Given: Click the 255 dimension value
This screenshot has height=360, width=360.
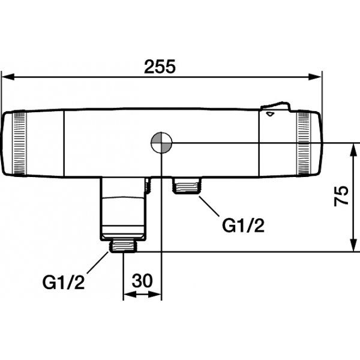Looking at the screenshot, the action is pyautogui.click(x=160, y=67).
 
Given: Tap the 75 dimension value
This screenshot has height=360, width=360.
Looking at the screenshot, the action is pyautogui.click(x=341, y=196).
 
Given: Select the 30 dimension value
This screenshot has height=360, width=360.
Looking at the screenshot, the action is pyautogui.click(x=142, y=280).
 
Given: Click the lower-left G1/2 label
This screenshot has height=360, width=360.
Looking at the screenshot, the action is pyautogui.click(x=64, y=282).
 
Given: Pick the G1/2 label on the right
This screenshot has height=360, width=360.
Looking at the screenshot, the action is pyautogui.click(x=244, y=226).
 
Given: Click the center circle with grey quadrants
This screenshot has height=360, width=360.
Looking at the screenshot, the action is pyautogui.click(x=161, y=143).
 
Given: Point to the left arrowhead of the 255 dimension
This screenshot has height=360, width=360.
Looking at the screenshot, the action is pyautogui.click(x=8, y=77).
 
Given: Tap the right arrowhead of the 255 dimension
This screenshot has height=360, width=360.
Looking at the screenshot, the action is pyautogui.click(x=315, y=77).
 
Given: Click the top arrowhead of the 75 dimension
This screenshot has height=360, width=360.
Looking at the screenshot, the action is pyautogui.click(x=354, y=150).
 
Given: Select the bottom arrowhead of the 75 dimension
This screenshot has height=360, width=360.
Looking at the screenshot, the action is pyautogui.click(x=354, y=245).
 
